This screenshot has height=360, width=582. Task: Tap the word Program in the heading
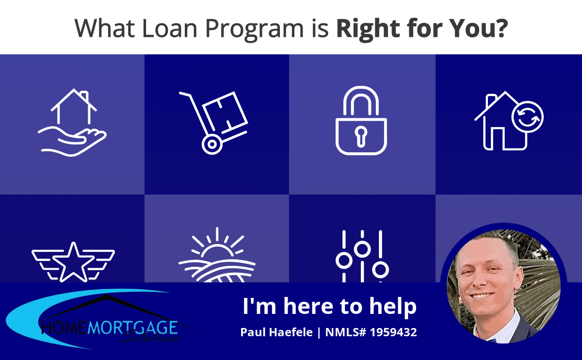pos(254,30)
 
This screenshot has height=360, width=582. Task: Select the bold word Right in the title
pos(368,30)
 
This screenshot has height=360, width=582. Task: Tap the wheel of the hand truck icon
pos(212,145)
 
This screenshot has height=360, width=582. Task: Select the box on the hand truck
pos(225,112)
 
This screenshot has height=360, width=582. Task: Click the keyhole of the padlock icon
pos(361,136)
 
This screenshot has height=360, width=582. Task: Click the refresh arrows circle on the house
pos(528,117)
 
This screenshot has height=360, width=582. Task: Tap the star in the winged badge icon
pos(74,262)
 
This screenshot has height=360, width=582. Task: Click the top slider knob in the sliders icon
pos(362,249)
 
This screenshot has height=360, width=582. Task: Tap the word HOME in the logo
pos(64,327)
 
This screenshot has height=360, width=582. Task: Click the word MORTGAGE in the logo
pos(132,327)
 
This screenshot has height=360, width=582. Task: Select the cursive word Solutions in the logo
pos(149,336)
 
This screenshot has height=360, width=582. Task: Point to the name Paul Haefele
pos(276,332)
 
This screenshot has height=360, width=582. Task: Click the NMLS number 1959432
pos(393,332)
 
